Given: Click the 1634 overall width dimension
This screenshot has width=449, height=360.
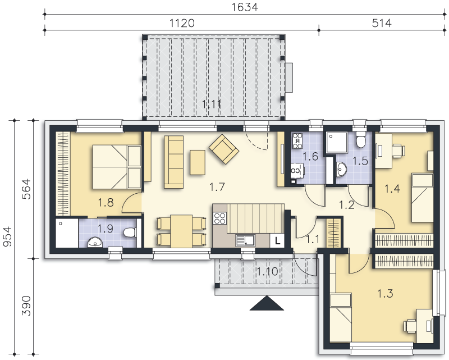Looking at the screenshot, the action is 245,7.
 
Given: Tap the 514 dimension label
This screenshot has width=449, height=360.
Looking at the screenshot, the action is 382,23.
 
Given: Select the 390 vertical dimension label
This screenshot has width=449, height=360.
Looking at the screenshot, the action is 26,306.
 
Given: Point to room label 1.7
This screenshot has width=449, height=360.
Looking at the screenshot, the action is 217,187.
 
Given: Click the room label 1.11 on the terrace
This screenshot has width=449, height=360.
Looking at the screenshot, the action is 212,104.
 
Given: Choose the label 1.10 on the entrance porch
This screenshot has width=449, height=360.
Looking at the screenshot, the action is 267,271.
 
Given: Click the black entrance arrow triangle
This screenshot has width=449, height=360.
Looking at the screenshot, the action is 267,303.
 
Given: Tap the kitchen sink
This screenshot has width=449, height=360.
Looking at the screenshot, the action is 245,240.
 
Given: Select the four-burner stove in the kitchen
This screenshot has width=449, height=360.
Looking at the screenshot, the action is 220,218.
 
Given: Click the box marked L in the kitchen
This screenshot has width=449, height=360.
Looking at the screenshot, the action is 277,241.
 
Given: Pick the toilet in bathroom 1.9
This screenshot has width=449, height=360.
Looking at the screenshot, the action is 130,232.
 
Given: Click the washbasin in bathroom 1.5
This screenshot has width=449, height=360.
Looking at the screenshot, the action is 341,169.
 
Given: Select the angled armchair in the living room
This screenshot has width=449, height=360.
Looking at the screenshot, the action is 224,149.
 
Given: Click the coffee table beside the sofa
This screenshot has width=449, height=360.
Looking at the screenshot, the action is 198,162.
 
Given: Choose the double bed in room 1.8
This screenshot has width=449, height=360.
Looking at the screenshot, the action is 117,167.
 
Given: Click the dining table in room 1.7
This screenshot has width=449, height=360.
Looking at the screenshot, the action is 181,231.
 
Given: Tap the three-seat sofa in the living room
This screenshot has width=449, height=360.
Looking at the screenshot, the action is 173,162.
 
